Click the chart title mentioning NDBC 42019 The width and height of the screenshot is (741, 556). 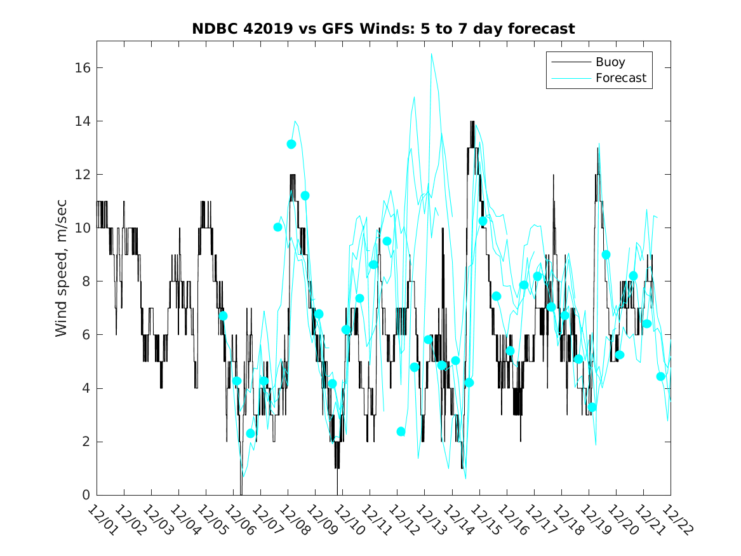coord(384,29)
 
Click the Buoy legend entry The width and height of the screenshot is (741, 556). coord(610,62)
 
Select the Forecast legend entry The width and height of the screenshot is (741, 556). coord(620,78)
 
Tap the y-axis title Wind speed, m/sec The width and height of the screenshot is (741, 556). coord(62,268)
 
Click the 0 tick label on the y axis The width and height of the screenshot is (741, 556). coord(85,495)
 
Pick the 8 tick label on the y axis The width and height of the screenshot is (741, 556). coord(85,281)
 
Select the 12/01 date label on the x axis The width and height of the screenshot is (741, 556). coord(102,520)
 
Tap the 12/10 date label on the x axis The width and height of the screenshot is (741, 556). coord(347,520)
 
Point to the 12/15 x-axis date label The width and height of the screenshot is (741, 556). coord(484,520)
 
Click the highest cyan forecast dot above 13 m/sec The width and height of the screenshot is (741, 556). coord(291,144)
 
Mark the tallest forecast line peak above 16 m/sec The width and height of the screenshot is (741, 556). coord(432,54)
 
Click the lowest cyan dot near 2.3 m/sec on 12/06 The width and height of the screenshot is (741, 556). coord(251,433)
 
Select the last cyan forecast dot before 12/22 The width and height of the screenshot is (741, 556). coord(660,376)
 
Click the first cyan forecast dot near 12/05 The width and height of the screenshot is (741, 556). coord(223,316)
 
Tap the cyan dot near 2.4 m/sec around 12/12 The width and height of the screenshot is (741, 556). coord(401,431)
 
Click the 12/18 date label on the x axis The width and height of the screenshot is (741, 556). coord(566,520)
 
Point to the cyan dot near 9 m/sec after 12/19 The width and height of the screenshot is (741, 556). coord(606,254)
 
